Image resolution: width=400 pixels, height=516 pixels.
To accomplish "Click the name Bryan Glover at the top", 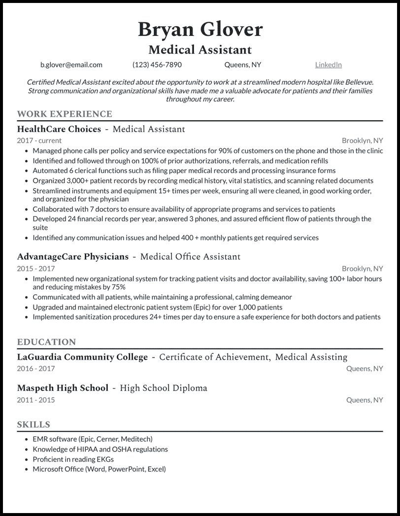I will click(200, 30).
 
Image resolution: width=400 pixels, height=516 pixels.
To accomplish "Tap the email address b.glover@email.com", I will click(71, 65).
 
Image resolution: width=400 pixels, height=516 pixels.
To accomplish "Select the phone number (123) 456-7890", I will click(157, 65).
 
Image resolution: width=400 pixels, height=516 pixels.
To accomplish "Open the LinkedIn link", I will click(328, 65).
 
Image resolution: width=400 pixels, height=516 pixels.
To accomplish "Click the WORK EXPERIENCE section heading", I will click(65, 114).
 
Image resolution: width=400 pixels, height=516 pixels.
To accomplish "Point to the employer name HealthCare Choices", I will click(59, 129).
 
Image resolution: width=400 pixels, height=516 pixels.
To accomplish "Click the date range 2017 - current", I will click(39, 140).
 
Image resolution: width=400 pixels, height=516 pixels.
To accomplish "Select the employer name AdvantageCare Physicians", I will click(72, 257).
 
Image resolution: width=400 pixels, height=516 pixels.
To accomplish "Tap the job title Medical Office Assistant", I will click(190, 257).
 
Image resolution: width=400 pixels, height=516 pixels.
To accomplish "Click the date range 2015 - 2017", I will click(36, 269).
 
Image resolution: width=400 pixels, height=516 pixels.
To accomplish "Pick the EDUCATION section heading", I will click(46, 342).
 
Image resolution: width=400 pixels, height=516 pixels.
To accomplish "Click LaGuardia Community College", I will click(82, 357).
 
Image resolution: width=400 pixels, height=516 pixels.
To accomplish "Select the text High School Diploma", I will click(164, 388).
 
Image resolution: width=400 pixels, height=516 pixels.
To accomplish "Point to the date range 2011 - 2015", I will click(36, 400).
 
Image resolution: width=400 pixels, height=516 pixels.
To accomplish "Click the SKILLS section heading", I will click(33, 424).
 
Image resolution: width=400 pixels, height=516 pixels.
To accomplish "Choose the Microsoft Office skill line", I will click(99, 469).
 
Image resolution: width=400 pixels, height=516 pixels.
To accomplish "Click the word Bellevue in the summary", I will click(358, 82).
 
